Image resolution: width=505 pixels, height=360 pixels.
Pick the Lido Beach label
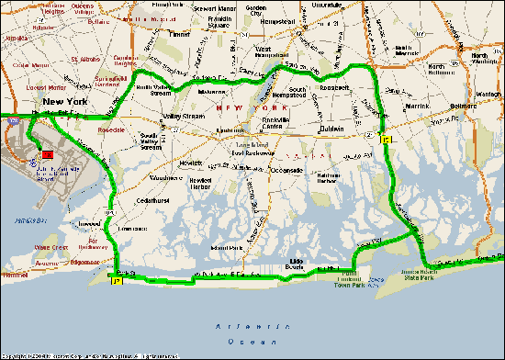tap(298, 264)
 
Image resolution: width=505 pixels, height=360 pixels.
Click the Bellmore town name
tap(463, 106)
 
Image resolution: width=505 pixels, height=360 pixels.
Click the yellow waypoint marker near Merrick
tap(387, 139)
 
